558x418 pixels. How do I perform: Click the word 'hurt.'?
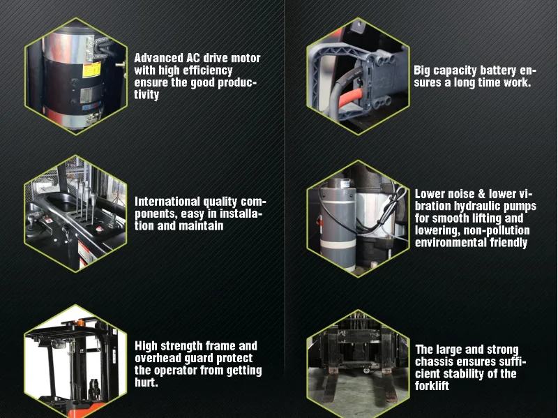tap(146, 383)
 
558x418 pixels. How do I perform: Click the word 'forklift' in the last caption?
tap(432, 386)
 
